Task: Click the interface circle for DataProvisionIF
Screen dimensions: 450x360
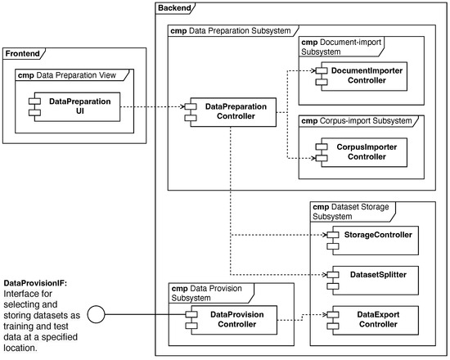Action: tap(97, 314)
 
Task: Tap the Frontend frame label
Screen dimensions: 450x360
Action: tap(22, 54)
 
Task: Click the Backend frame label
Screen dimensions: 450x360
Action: tap(174, 8)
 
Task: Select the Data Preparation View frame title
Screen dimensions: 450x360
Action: tap(67, 75)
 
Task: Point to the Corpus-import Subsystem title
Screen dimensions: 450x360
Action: tap(357, 121)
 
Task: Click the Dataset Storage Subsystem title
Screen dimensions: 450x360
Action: tap(351, 212)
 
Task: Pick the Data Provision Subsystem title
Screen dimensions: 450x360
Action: tap(207, 293)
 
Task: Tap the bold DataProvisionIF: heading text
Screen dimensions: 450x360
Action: tap(35, 283)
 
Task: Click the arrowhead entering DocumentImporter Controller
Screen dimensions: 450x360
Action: tap(313, 70)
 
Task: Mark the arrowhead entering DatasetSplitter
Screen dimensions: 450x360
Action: tap(325, 275)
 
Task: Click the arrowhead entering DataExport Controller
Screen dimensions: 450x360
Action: tap(325, 315)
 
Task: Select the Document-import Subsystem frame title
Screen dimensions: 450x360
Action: tap(341, 47)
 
